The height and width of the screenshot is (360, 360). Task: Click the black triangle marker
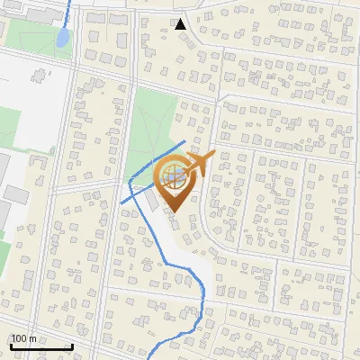click(x=181, y=23)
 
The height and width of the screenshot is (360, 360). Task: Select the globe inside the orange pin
click(x=174, y=175)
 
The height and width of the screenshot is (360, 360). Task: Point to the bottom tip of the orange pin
click(x=174, y=212)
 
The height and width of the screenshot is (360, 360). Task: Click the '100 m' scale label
click(x=24, y=338)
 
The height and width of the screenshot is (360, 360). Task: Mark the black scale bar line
click(x=41, y=346)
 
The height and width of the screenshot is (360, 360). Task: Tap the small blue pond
click(x=62, y=38)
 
